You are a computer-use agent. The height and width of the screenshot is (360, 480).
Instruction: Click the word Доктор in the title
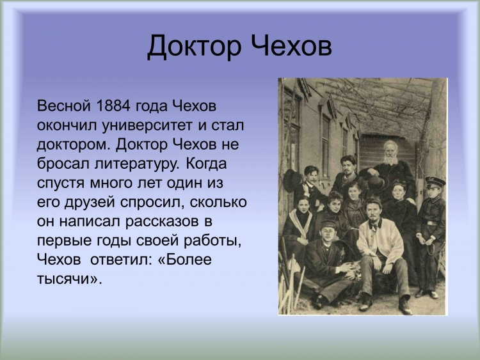click(x=194, y=47)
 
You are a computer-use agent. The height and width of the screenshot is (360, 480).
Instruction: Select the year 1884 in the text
click(x=111, y=106)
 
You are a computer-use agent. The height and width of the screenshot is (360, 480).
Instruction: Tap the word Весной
click(x=64, y=106)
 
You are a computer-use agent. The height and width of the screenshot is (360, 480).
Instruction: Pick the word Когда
click(x=206, y=163)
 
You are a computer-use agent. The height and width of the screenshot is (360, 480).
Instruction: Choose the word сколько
click(x=218, y=202)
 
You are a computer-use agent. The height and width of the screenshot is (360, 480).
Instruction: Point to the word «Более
click(x=184, y=260)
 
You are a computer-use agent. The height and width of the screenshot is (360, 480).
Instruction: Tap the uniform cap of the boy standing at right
click(x=435, y=183)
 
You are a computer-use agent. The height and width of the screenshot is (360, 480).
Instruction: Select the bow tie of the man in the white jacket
click(x=374, y=226)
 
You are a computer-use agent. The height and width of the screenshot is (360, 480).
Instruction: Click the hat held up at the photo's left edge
click(x=290, y=180)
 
